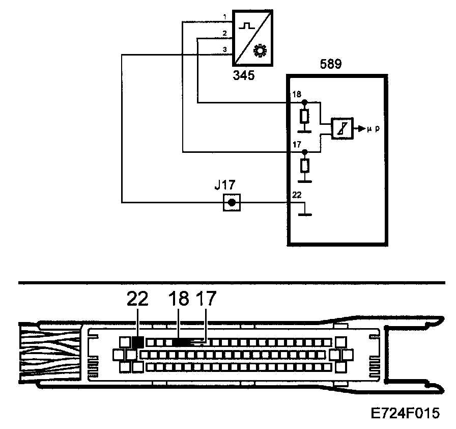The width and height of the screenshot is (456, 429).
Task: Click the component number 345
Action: click(x=244, y=76)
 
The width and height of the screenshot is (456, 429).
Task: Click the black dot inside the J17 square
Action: click(x=232, y=203)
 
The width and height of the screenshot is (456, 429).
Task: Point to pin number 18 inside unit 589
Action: click(x=297, y=95)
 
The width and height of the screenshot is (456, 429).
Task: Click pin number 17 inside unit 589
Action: click(x=297, y=145)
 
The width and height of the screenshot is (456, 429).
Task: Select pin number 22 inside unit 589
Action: click(x=297, y=195)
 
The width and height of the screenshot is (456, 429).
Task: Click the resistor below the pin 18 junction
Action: click(x=304, y=117)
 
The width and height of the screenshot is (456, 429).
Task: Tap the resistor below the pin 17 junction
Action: click(x=304, y=166)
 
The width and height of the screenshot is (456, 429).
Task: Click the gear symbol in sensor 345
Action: click(x=260, y=51)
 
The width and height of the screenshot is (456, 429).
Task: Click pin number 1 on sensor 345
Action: click(x=225, y=18)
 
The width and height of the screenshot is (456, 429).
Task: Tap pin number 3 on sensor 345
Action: click(x=225, y=49)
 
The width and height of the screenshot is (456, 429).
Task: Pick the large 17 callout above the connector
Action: click(x=206, y=299)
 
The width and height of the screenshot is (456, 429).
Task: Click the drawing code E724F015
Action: click(x=406, y=412)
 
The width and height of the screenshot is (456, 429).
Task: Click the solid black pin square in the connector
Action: click(x=136, y=341)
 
